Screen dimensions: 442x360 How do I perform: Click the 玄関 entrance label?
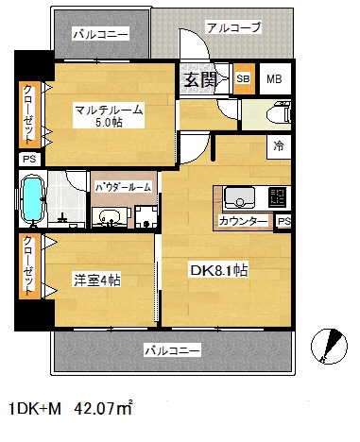click(199, 79)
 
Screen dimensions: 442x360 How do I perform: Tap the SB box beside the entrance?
click(244, 79)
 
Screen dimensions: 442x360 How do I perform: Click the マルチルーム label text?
click(109, 110)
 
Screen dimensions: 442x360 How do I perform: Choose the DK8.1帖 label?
click(219, 271)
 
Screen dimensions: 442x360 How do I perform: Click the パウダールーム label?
click(123, 188)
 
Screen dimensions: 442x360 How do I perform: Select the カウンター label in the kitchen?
click(243, 221)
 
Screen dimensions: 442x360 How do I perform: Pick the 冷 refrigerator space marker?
click(279, 146)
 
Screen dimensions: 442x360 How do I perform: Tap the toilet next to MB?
click(274, 112)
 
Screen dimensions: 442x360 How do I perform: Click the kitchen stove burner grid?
click(278, 197)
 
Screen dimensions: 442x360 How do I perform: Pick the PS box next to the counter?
click(283, 221)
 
